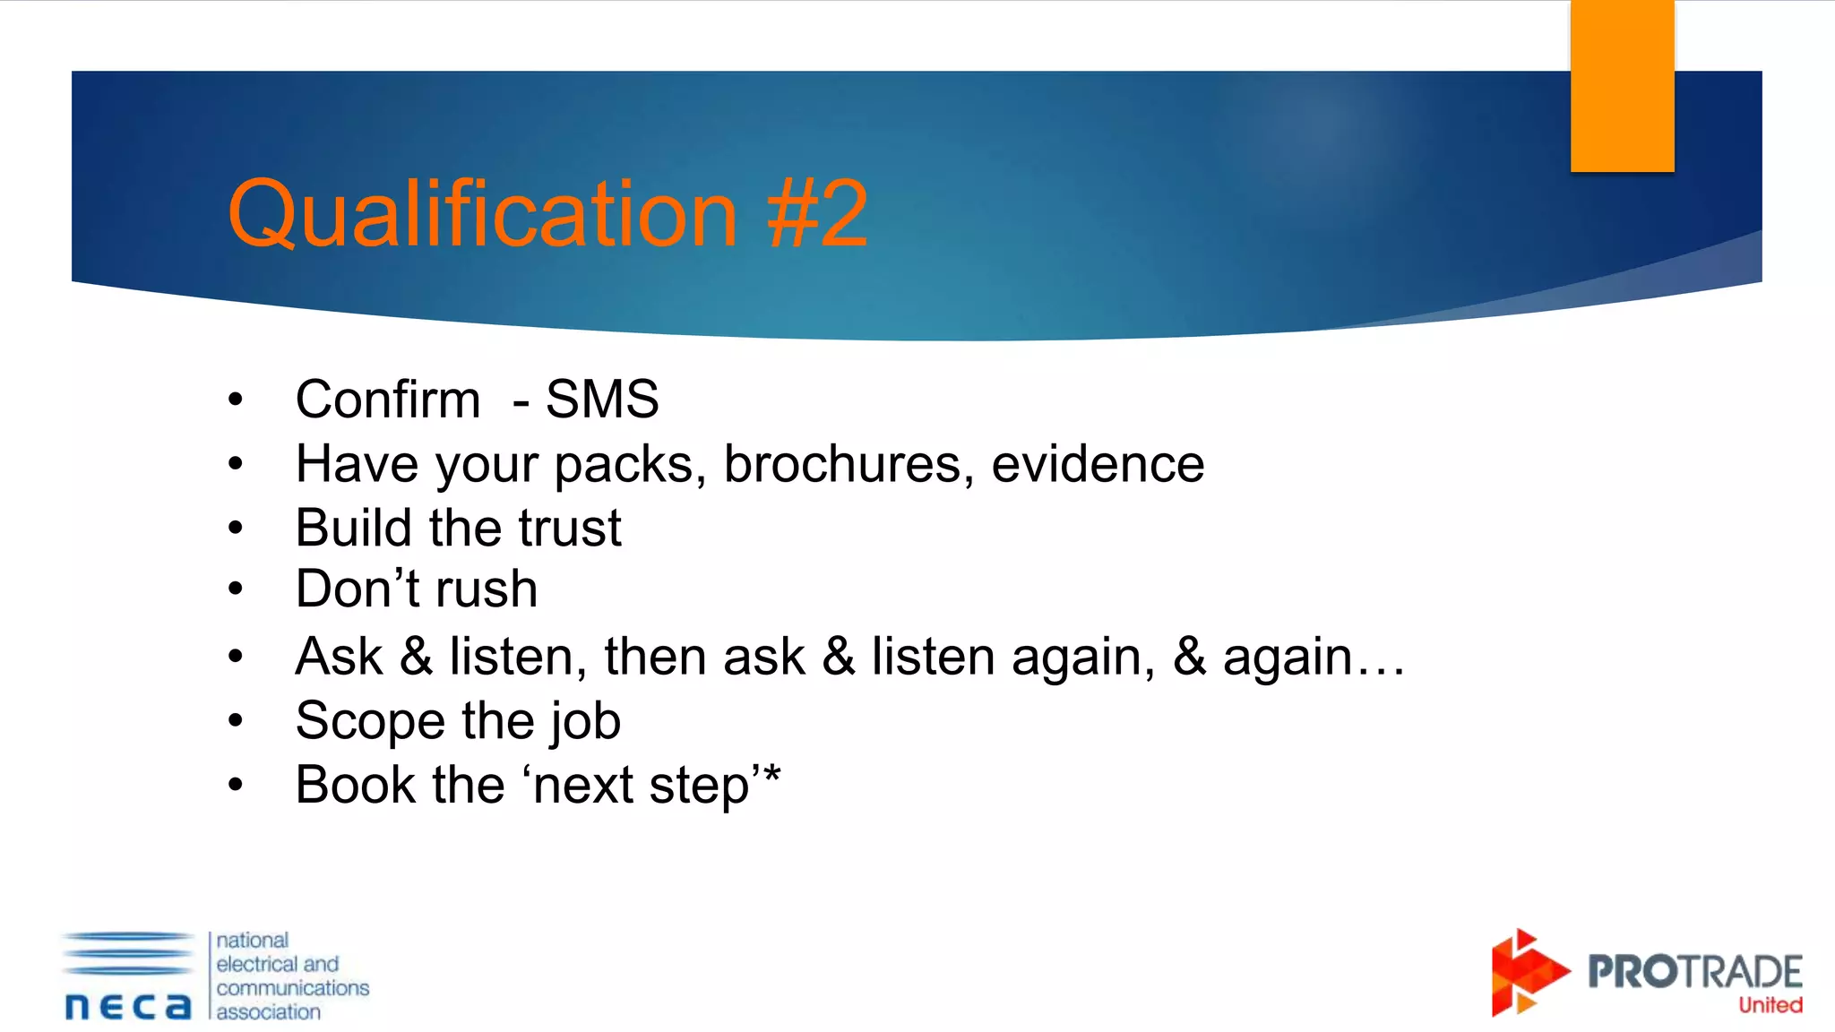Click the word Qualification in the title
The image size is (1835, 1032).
(x=482, y=215)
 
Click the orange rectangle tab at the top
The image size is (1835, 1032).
(x=1622, y=86)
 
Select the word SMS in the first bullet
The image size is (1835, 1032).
(x=602, y=400)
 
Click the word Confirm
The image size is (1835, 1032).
(x=388, y=400)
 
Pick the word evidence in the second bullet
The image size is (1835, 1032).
(x=1098, y=464)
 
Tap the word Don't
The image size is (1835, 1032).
(x=358, y=589)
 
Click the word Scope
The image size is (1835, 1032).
(x=370, y=722)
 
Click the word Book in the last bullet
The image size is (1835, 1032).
(x=356, y=786)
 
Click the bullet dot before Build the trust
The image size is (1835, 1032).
(x=236, y=529)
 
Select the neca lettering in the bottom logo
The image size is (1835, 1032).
(x=128, y=1006)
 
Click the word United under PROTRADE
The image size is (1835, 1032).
(x=1770, y=1005)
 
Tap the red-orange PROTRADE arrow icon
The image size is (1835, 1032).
(x=1526, y=973)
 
